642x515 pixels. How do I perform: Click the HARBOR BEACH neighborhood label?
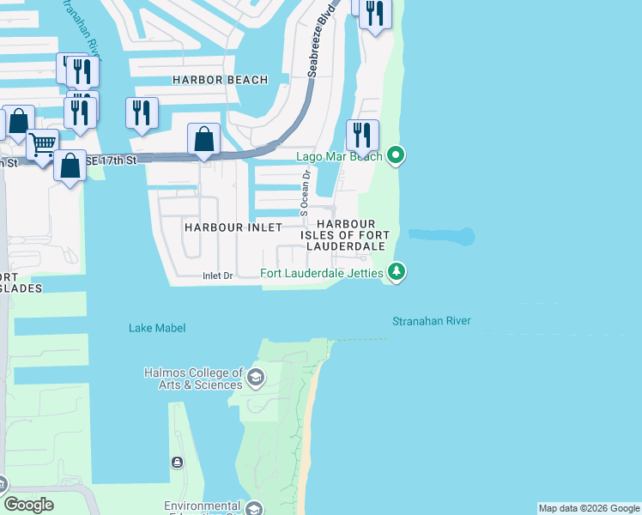tap(220, 80)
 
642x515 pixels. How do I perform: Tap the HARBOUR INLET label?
tap(233, 227)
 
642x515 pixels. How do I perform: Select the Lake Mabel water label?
tap(157, 328)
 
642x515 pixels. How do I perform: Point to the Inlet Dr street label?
tap(217, 276)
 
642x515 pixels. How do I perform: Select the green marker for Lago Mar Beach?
tap(395, 155)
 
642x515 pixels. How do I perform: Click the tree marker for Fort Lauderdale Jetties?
tap(396, 272)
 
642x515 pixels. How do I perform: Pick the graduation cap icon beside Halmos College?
tap(255, 377)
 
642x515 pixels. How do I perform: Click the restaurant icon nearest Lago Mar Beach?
tap(362, 135)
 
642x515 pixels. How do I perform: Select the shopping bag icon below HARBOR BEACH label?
tap(203, 138)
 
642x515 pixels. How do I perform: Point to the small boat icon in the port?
tap(177, 463)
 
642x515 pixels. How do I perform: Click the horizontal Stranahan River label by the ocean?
tap(432, 321)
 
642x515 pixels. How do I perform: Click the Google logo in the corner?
tap(29, 505)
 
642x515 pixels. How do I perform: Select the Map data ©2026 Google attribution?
tap(589, 508)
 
